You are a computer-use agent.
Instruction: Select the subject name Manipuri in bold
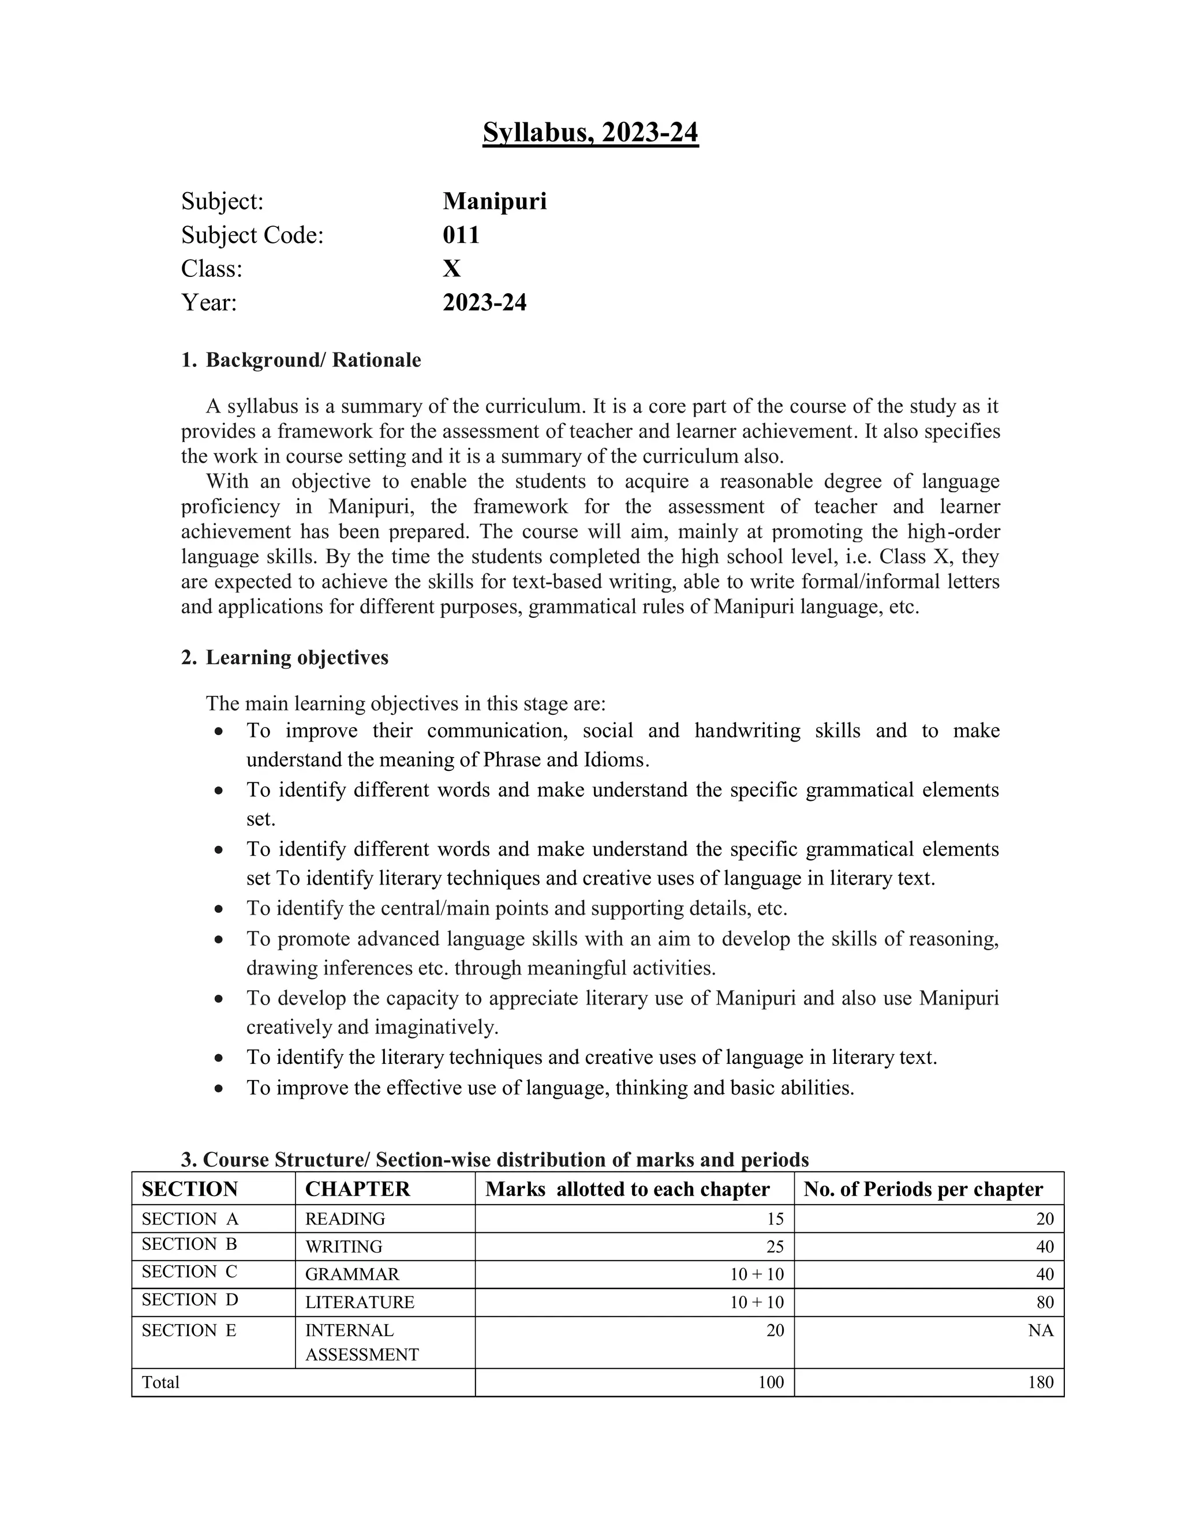495,201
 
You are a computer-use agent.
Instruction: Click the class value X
452,268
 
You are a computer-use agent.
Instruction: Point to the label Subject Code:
252,235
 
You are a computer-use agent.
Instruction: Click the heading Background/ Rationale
313,360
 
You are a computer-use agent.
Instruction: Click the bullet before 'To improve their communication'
220,732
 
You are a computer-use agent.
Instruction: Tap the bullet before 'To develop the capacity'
220,999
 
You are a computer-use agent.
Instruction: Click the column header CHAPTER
357,1189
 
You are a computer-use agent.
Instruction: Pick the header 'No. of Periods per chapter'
923,1189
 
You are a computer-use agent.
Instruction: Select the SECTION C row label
189,1272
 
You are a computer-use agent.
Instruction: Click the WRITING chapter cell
343,1247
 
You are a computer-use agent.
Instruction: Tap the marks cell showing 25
775,1247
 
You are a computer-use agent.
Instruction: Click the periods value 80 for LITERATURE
1044,1302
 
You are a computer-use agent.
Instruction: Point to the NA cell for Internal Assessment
1040,1330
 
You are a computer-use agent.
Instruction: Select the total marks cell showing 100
770,1382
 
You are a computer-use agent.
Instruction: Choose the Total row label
160,1382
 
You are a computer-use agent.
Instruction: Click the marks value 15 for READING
775,1219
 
